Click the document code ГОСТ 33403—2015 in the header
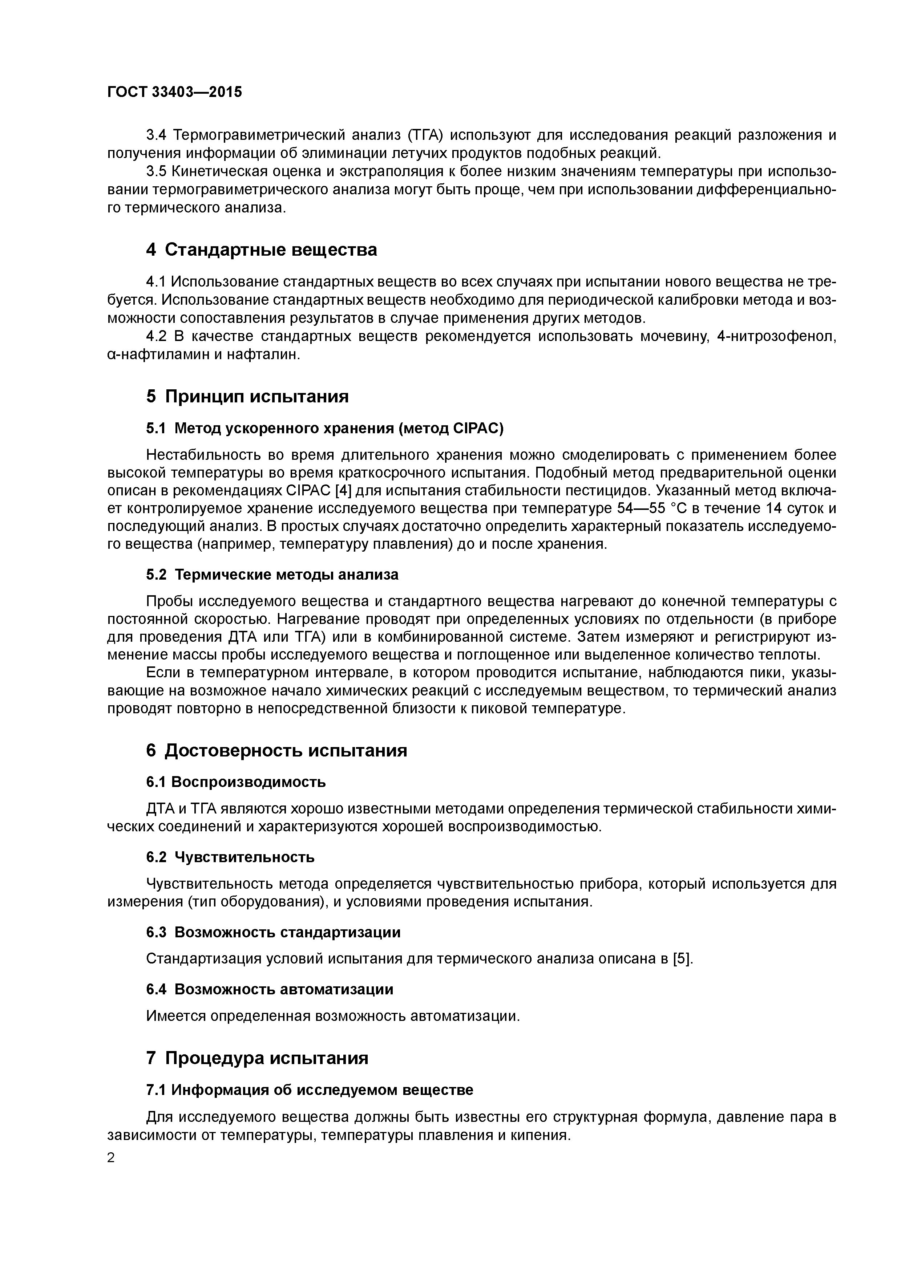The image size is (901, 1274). pyautogui.click(x=174, y=92)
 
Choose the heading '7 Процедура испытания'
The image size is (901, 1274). pyautogui.click(x=257, y=1058)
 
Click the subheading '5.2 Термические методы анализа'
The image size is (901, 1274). pyautogui.click(x=272, y=574)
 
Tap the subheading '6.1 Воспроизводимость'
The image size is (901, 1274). pyautogui.click(x=236, y=782)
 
